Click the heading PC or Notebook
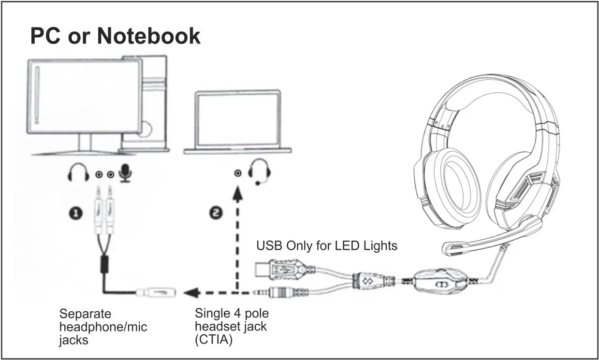(115, 36)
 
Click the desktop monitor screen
(85, 97)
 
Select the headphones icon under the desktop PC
(78, 173)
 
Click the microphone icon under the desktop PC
(126, 173)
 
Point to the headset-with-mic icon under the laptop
(260, 171)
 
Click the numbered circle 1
(75, 214)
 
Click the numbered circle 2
(217, 214)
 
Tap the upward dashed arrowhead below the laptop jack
(237, 193)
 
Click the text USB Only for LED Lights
(326, 245)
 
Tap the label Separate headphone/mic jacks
(102, 327)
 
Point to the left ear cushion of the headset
(453, 184)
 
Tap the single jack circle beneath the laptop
(237, 173)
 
